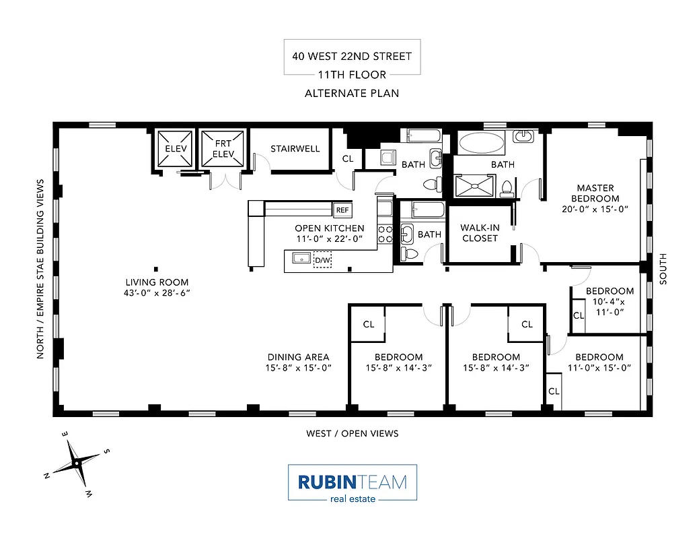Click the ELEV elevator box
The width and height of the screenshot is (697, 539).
click(176, 149)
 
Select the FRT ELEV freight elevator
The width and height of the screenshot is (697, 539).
click(223, 149)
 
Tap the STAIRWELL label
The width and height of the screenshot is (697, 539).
click(295, 149)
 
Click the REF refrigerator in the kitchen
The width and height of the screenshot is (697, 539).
click(342, 210)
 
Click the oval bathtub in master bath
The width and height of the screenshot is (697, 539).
click(480, 144)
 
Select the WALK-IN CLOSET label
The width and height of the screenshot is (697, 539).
click(480, 233)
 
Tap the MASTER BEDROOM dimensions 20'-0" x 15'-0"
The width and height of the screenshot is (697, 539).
click(595, 209)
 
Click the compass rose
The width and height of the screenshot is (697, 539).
click(77, 463)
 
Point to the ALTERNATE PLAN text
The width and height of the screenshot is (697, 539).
click(352, 93)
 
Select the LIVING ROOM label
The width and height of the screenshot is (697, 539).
click(157, 282)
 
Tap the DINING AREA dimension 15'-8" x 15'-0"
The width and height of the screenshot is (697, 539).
click(298, 368)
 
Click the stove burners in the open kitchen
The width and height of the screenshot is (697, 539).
click(385, 234)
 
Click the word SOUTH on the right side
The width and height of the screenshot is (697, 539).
click(663, 269)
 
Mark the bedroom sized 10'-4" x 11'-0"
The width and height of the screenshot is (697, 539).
click(609, 302)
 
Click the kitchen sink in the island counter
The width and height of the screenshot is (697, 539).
click(300, 257)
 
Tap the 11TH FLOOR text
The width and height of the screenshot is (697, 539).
click(352, 75)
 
